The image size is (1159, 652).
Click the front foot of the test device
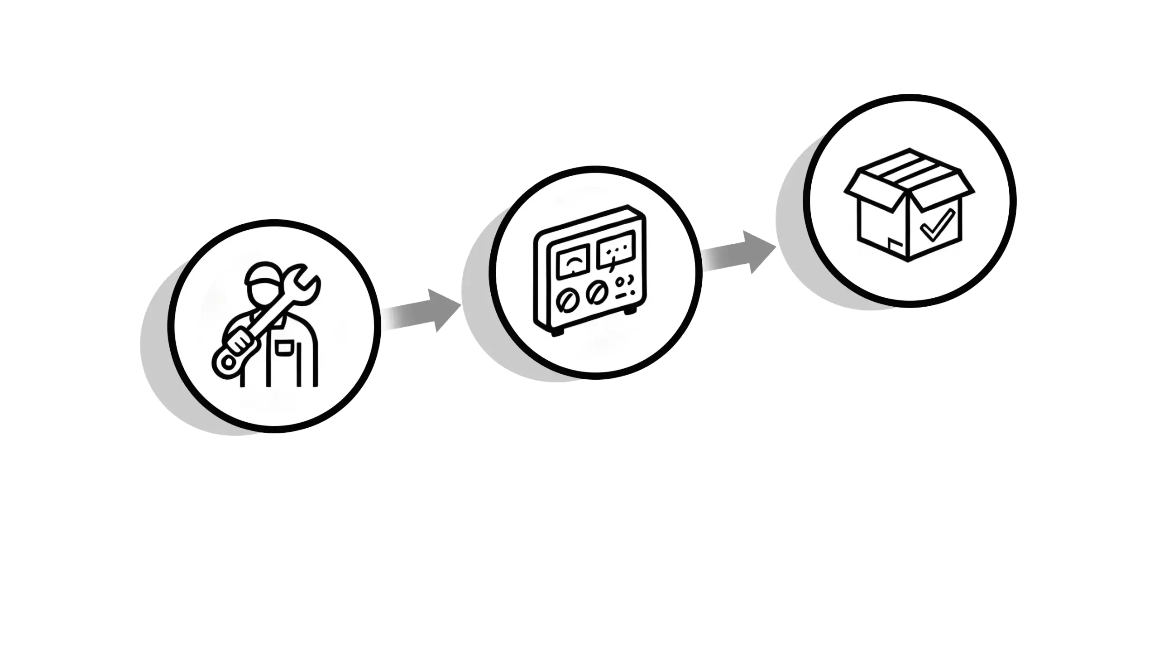pos(557,332)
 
